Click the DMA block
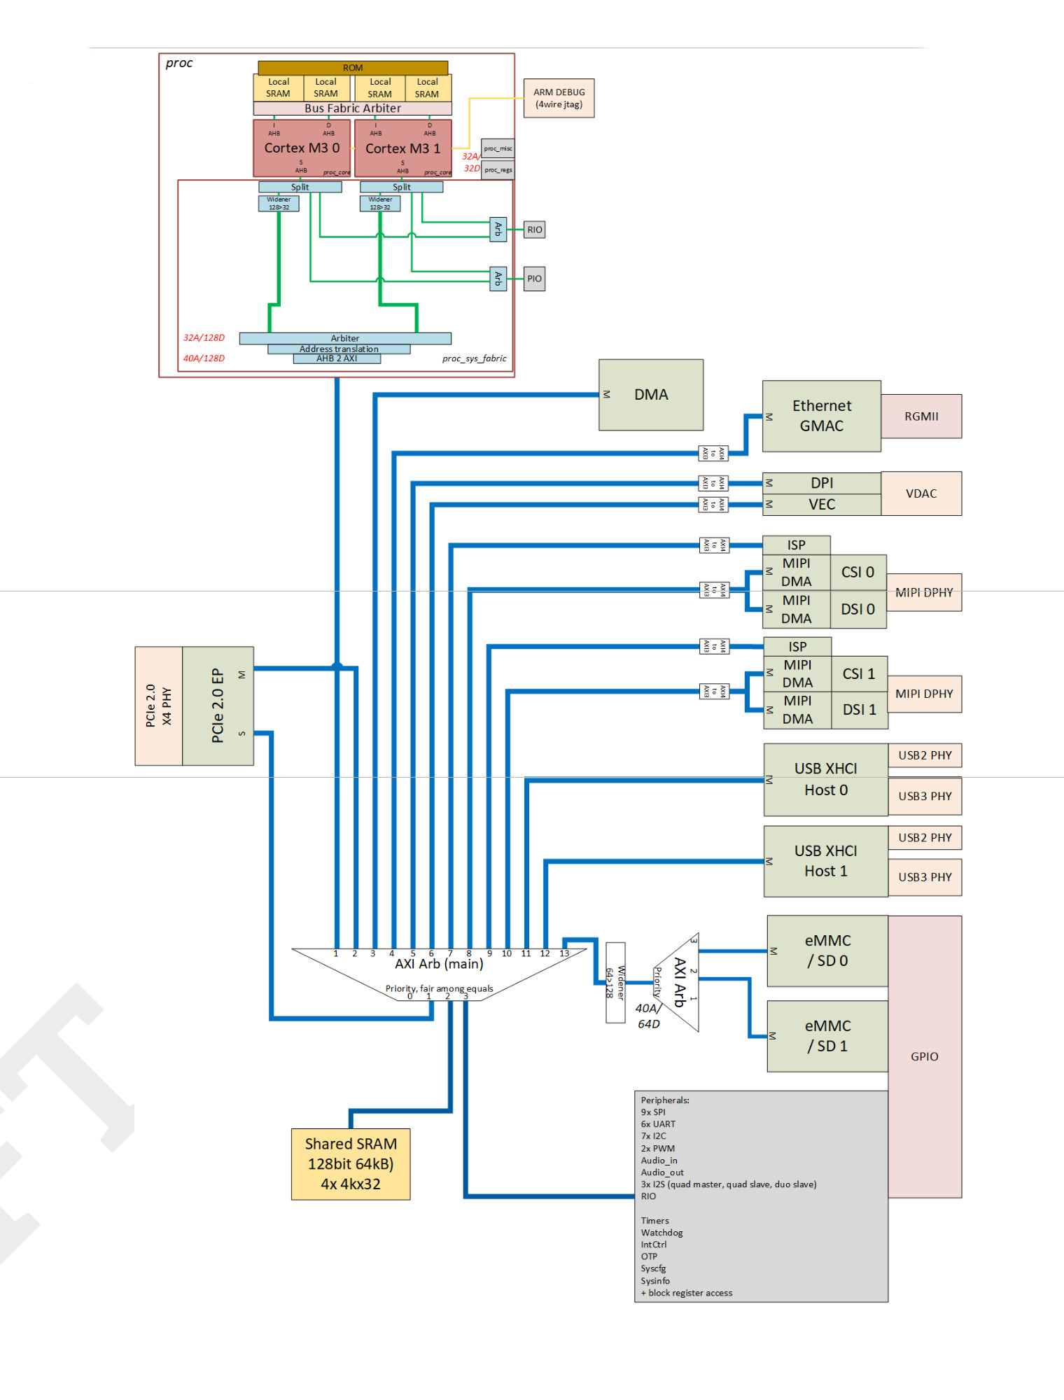[651, 395]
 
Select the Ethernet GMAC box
[821, 416]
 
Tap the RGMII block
[920, 416]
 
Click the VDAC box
[920, 493]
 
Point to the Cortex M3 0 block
[302, 148]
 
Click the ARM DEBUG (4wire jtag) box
[559, 98]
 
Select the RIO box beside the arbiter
[534, 230]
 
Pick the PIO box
[534, 279]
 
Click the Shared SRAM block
[351, 1163]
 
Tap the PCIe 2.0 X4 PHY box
[158, 706]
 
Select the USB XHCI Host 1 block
[825, 861]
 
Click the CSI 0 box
[857, 573]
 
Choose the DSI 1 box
[859, 710]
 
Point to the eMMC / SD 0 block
[827, 951]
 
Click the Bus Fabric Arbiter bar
[352, 108]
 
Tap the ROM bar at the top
[352, 68]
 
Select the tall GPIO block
[924, 1056]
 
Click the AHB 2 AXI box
[337, 358]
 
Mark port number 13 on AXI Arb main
[564, 953]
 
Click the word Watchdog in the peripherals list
[661, 1233]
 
